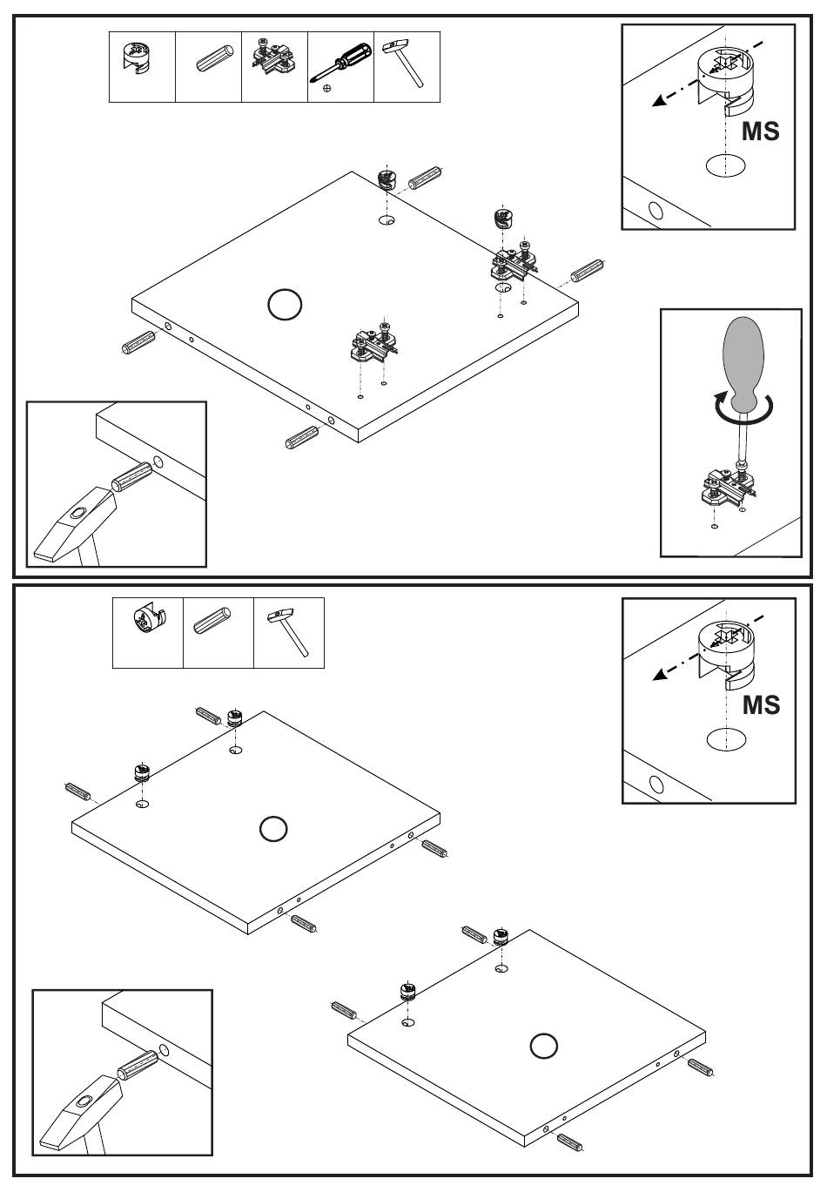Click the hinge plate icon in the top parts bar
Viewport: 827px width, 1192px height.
tap(274, 58)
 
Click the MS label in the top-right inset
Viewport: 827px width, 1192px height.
tap(760, 131)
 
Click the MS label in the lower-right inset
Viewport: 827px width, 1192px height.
tap(761, 704)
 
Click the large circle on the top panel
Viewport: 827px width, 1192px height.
tap(285, 305)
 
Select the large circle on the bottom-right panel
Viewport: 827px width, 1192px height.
tap(544, 1045)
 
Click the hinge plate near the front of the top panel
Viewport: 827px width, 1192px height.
tap(373, 343)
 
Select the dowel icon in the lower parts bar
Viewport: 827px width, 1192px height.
tap(219, 626)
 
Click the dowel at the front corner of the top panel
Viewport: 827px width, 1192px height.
tap(302, 437)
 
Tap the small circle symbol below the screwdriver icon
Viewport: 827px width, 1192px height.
tap(326, 88)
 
